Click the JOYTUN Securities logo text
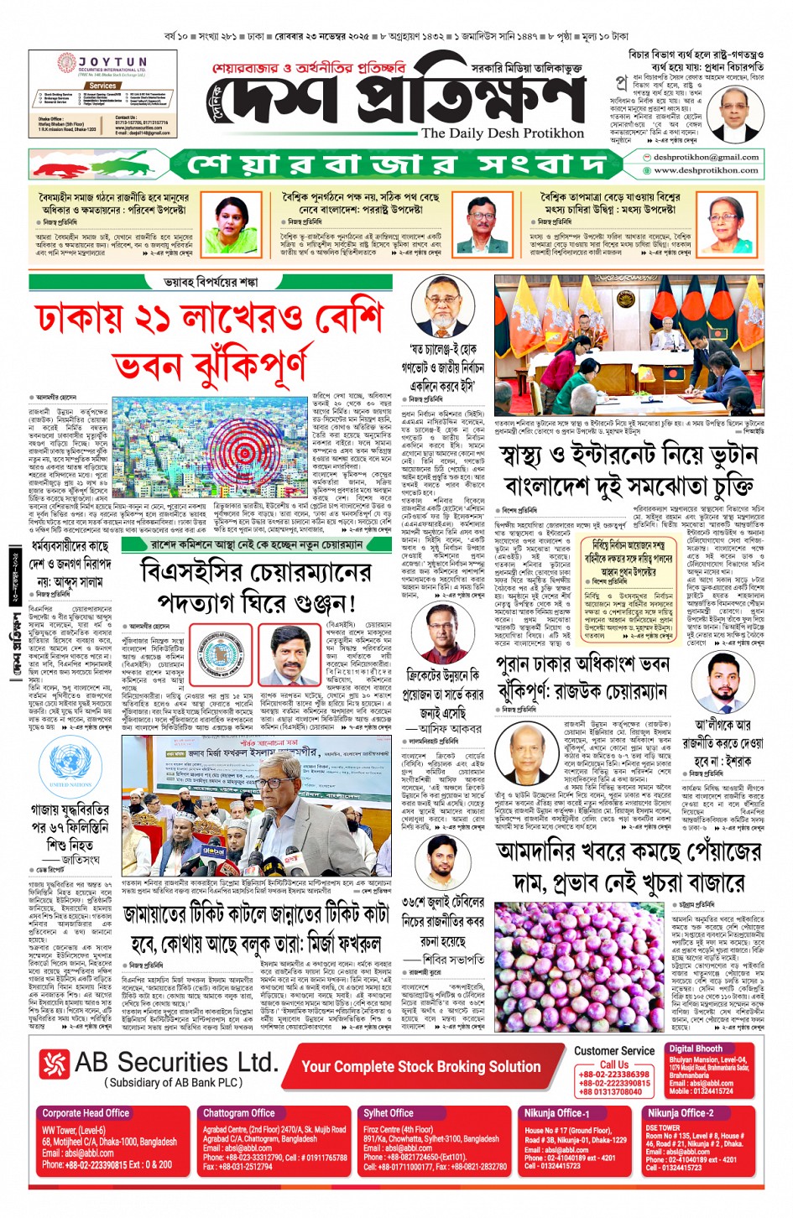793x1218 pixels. point(112,62)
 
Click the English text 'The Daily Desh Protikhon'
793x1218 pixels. point(503,133)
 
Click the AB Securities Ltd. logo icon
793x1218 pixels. point(55,1064)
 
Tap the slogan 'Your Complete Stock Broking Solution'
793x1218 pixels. point(420,1066)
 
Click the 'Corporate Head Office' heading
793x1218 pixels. point(86,1113)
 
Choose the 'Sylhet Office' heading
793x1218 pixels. point(389,1113)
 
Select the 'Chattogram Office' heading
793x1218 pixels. point(239,1113)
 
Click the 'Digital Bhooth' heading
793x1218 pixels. point(696,1049)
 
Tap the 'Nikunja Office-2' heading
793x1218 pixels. point(681,1113)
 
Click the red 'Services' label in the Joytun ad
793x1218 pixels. point(102,86)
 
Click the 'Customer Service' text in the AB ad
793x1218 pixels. point(614,1051)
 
